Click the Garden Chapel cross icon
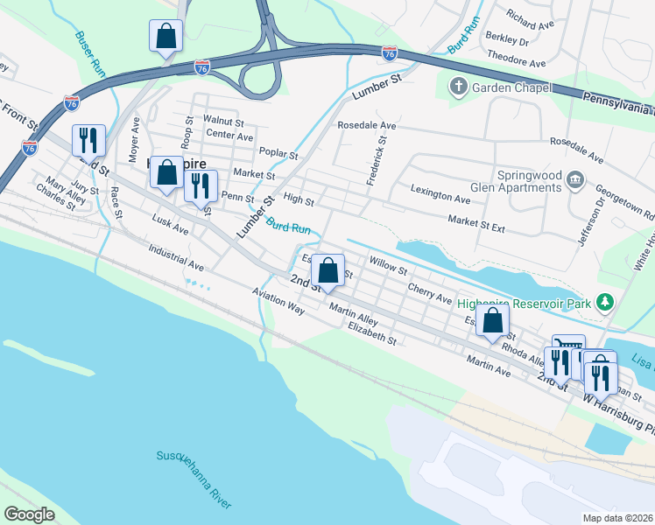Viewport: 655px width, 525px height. [x=458, y=86]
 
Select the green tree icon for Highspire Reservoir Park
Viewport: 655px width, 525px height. [x=604, y=302]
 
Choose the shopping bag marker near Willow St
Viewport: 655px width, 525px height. [x=328, y=270]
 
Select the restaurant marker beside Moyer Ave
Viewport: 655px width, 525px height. [x=88, y=140]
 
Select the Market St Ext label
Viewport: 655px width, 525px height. [x=476, y=225]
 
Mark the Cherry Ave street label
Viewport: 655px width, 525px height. [x=429, y=292]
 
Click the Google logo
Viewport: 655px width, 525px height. [x=29, y=514]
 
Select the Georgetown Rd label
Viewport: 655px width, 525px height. [x=637, y=200]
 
